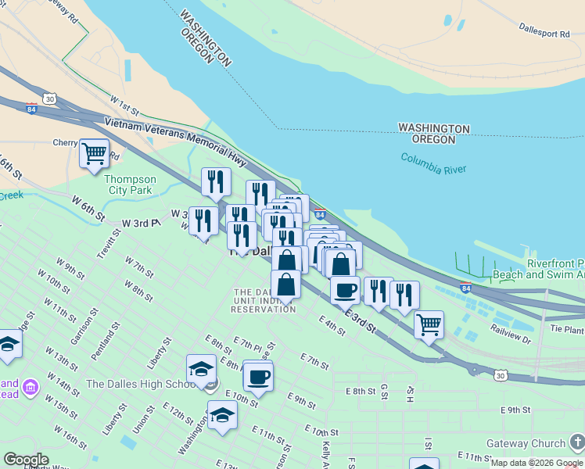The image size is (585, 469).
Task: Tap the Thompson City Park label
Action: [x=131, y=184]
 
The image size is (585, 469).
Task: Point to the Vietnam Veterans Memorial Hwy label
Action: [x=175, y=141]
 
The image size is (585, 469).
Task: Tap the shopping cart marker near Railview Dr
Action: [x=429, y=324]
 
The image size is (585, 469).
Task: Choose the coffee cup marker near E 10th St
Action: [x=258, y=376]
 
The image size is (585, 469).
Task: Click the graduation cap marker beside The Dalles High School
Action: [x=201, y=369]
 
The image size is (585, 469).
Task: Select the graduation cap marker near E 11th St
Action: [x=222, y=415]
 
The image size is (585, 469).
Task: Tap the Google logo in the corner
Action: [x=26, y=459]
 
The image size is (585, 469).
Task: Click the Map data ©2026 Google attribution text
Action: [x=536, y=463]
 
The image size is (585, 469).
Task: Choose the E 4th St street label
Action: [x=332, y=325]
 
